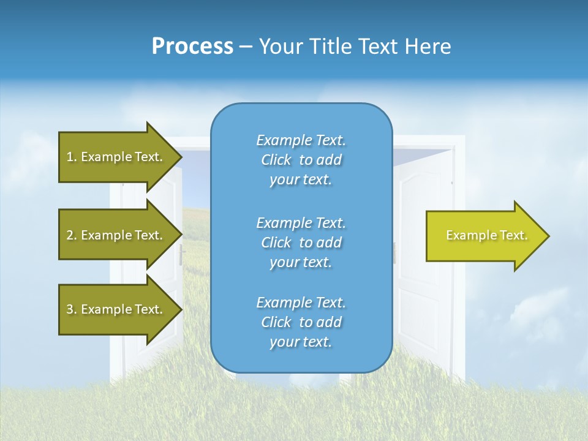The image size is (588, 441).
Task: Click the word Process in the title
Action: point(192,47)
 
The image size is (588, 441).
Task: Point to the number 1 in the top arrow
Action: point(70,157)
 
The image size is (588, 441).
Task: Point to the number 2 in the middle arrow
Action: point(70,235)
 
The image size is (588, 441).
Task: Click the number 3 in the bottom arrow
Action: point(70,309)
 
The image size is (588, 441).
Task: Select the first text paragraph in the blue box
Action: point(301,160)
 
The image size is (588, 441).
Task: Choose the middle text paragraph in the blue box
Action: point(301,243)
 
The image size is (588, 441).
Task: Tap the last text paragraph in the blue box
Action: point(301,322)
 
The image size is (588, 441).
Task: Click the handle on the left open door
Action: point(182,255)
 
